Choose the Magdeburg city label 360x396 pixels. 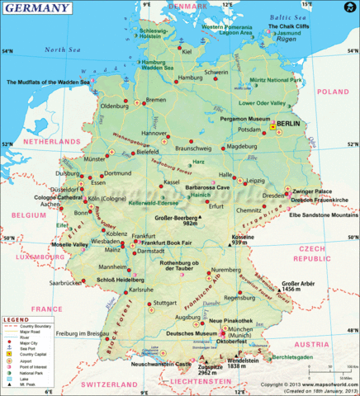[x=242, y=147]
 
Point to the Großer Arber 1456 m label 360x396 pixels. [x=298, y=286]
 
